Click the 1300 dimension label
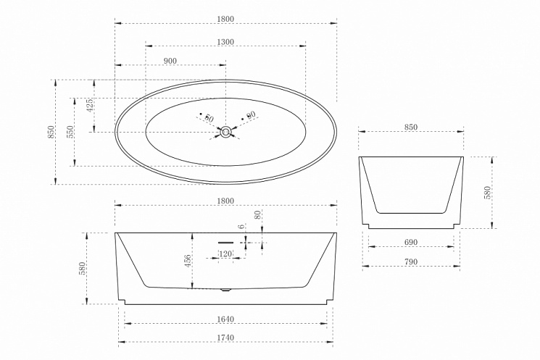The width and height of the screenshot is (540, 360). point(225,42)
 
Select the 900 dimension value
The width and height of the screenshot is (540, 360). point(170,61)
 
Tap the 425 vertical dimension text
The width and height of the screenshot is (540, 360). point(89,106)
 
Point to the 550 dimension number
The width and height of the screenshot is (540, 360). point(70,132)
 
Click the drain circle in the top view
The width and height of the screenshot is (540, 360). point(226,132)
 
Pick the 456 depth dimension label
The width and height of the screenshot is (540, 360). point(188,261)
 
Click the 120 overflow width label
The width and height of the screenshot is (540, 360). point(225,254)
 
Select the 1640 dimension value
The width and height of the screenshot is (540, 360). point(225,319)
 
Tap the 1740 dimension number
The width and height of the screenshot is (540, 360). point(225,338)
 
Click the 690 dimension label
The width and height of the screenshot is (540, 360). point(410,243)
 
